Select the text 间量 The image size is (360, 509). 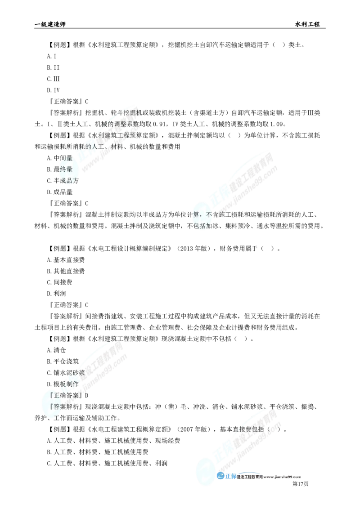66,158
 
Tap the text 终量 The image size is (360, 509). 66,170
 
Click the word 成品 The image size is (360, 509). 69,181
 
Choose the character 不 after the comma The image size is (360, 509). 208,214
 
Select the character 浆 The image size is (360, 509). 81,373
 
